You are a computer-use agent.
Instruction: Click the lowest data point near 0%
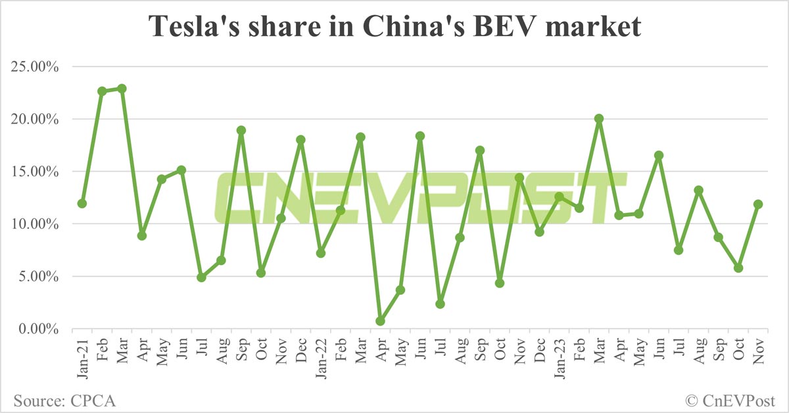pos(380,321)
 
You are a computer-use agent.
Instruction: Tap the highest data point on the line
pos(122,89)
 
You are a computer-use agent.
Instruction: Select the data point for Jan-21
pos(82,204)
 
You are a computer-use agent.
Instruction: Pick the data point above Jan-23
pos(560,197)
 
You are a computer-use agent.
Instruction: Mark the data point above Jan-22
pos(321,253)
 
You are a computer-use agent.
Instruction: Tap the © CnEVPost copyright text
pos(730,399)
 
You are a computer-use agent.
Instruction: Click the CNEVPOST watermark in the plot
pos(421,198)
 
